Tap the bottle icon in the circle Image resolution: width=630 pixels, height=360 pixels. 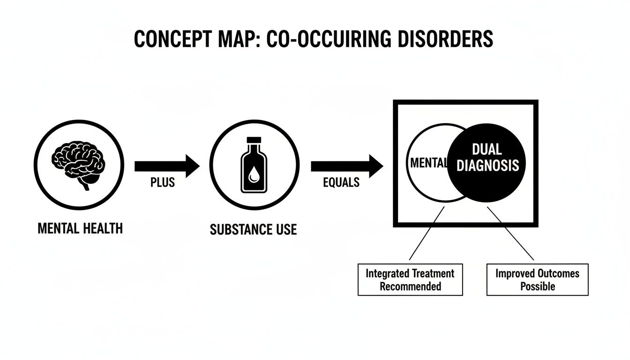[254, 167]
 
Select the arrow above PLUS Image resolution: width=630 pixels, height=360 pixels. [166, 166]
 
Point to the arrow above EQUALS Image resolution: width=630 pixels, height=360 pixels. [346, 166]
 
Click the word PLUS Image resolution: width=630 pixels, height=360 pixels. [163, 183]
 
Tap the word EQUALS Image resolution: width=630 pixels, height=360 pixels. [341, 183]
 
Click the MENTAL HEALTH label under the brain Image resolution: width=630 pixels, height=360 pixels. [79, 229]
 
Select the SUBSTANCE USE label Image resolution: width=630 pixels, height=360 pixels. [253, 230]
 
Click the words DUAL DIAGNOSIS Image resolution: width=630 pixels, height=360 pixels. [487, 158]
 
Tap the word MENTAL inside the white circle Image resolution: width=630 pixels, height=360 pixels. [427, 164]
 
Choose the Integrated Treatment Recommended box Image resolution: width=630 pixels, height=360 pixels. [410, 279]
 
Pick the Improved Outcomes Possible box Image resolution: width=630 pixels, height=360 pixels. [537, 279]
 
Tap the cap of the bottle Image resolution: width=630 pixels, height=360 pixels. [254, 140]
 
